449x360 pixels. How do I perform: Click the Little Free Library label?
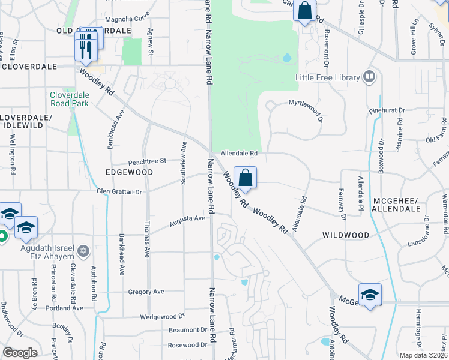click(x=327, y=77)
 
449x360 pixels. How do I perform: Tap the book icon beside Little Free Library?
click(x=369, y=77)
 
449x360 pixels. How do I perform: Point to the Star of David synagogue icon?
click(x=84, y=250)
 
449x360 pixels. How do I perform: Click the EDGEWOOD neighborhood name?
click(x=129, y=172)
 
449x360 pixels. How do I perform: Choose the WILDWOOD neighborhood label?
click(x=346, y=235)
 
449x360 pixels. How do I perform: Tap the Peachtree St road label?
click(x=147, y=161)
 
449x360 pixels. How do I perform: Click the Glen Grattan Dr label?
click(x=119, y=192)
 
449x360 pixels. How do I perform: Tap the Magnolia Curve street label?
click(x=127, y=19)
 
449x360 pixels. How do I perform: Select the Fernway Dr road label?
click(x=343, y=204)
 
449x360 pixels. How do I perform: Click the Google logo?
click(x=20, y=353)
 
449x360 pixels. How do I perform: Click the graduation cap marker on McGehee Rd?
click(x=370, y=294)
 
